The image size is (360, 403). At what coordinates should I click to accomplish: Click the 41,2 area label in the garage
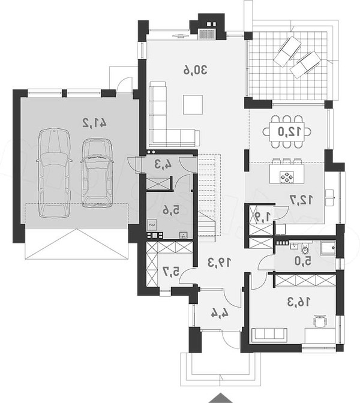(x=94, y=122)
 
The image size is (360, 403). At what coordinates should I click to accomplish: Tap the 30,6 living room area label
(x=195, y=70)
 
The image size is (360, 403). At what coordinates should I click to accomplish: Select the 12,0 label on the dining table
(x=289, y=131)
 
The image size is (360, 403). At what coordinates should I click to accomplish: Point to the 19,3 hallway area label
(x=219, y=262)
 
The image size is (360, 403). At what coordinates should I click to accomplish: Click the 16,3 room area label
(x=299, y=302)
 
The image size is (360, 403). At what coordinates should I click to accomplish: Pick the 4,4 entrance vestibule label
(x=220, y=312)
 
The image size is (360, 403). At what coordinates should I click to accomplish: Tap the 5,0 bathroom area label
(x=303, y=261)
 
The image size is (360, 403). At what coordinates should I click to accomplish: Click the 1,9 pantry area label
(x=262, y=216)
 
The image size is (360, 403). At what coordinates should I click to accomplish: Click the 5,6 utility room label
(x=171, y=210)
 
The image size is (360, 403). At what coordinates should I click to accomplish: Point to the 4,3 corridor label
(x=163, y=164)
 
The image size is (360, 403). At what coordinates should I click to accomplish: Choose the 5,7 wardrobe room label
(x=171, y=272)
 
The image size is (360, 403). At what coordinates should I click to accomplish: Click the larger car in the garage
(x=54, y=173)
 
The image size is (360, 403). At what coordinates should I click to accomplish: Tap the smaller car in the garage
(x=97, y=173)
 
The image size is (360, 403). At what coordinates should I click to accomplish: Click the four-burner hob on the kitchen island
(x=286, y=177)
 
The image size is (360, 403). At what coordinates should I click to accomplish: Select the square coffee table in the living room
(x=193, y=104)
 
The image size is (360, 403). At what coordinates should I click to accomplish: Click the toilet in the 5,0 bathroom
(x=305, y=248)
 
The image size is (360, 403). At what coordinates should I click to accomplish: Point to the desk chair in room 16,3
(x=320, y=321)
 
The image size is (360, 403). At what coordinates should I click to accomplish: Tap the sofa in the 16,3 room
(x=269, y=335)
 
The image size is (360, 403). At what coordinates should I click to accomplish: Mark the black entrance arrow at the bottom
(x=220, y=399)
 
